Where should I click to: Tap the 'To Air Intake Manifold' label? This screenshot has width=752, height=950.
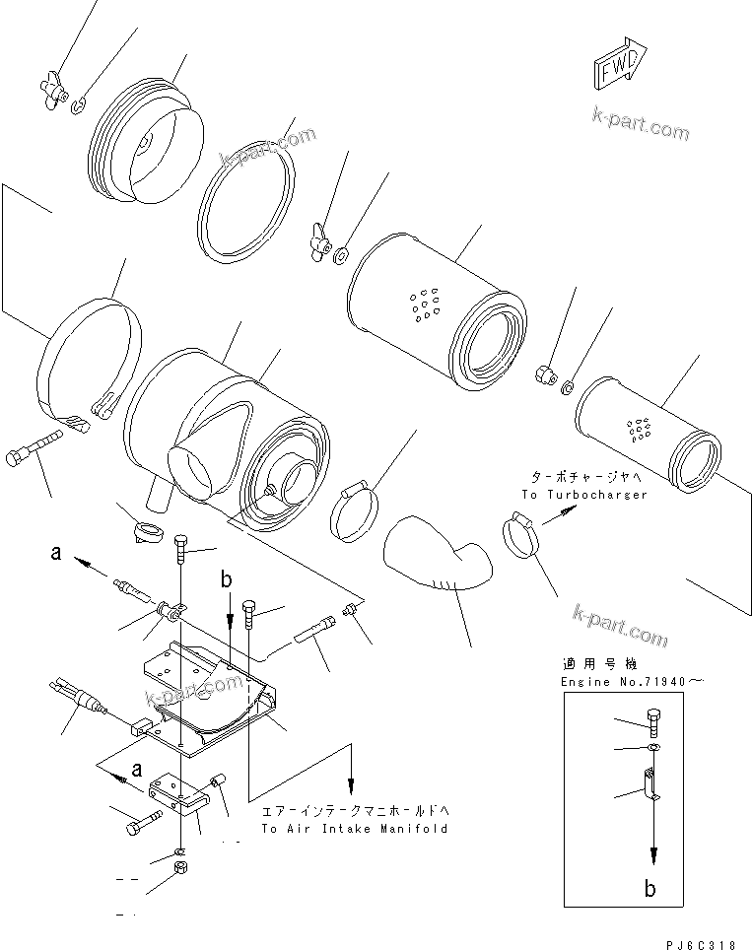click(354, 829)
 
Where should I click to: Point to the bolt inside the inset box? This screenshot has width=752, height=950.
click(653, 720)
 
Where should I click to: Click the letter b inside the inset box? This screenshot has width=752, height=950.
click(650, 888)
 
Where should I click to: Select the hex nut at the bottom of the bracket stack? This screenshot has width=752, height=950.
click(181, 867)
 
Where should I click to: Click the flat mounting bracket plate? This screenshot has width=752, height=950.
click(212, 695)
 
